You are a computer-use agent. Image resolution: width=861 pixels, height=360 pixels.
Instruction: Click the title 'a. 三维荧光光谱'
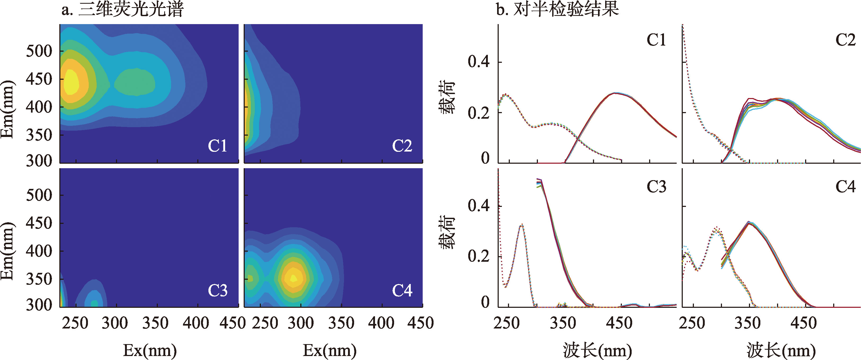coord(122,9)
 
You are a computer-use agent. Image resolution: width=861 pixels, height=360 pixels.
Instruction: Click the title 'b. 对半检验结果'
coord(557,9)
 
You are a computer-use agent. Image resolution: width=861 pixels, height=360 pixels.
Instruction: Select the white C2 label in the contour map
coord(402,146)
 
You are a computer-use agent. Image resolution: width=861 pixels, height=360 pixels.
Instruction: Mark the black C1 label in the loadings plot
coord(656,40)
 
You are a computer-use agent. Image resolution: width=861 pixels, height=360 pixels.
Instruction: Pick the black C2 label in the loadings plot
coord(845,40)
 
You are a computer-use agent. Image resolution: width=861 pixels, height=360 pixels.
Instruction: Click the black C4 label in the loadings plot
coord(845,186)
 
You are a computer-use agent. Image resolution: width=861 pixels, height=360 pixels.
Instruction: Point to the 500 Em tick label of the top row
coord(39,51)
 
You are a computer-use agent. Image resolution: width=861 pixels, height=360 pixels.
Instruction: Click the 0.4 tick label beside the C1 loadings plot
coord(478,62)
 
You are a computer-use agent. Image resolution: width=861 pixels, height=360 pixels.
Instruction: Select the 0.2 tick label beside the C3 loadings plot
coord(478,256)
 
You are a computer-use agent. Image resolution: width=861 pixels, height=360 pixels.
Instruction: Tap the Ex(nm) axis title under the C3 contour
coord(150,350)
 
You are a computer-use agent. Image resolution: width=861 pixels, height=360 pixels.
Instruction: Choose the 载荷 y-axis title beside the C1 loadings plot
coord(447,97)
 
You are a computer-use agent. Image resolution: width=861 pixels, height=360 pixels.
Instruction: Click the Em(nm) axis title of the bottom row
coord(7,251)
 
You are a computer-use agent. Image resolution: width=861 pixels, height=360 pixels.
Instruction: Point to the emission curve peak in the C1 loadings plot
coord(621,93)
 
